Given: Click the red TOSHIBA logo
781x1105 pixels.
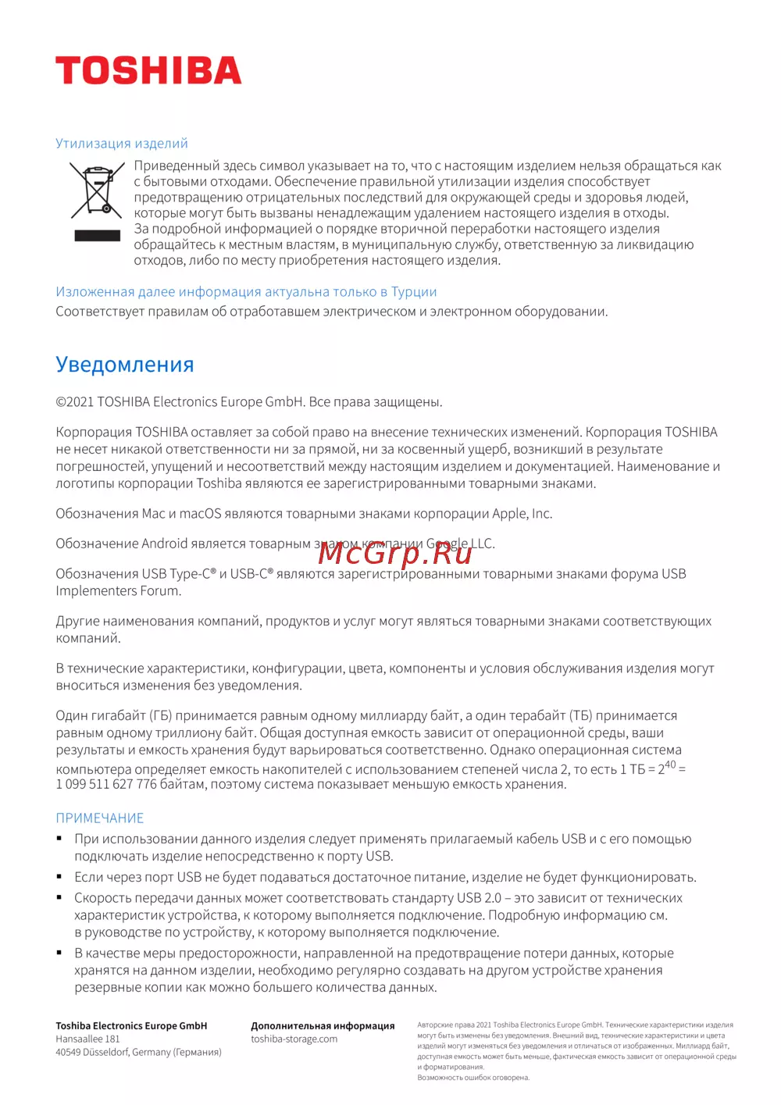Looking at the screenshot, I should click(x=148, y=70).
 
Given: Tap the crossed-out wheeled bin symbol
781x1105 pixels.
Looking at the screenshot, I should click(x=97, y=190).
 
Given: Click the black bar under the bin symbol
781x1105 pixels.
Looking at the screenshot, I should click(x=97, y=236).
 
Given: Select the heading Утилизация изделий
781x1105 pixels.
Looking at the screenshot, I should click(x=122, y=144).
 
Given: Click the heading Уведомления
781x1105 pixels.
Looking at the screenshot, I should click(x=125, y=365).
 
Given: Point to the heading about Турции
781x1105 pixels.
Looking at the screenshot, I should click(x=246, y=292).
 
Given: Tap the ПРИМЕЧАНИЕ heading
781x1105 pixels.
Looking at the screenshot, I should click(x=100, y=818).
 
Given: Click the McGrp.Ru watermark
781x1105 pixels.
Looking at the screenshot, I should click(x=395, y=553).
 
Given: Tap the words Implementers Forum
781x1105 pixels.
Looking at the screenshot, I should click(x=118, y=591).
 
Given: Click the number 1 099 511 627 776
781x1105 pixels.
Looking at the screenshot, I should click(x=106, y=784).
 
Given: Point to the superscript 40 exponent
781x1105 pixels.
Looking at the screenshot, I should click(x=670, y=765).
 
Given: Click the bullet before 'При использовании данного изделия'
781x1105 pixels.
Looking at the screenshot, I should click(x=59, y=839).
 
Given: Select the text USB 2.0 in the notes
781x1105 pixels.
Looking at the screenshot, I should click(x=479, y=898).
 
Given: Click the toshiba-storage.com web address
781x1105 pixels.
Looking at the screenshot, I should click(x=294, y=1039).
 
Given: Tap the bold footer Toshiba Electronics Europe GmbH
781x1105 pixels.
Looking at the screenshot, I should click(x=131, y=1026).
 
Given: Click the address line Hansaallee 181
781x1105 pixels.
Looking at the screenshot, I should click(x=87, y=1039).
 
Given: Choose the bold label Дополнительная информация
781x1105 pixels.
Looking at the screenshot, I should click(x=323, y=1026).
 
